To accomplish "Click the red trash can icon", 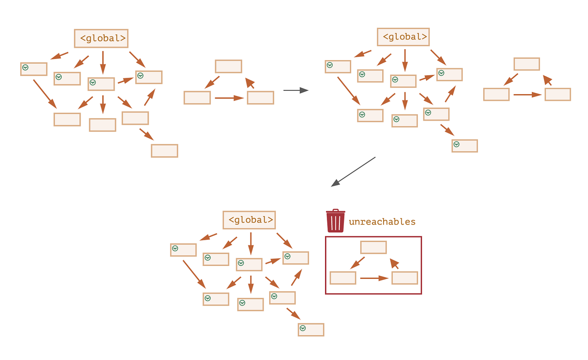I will (x=336, y=221).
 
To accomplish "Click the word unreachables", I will (x=382, y=222).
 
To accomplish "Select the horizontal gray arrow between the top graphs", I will (x=296, y=90).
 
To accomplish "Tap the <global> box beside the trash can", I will (x=249, y=220).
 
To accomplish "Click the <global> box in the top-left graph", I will (x=101, y=38).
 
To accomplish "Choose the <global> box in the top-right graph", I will (x=403, y=37).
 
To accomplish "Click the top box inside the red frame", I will (x=373, y=247).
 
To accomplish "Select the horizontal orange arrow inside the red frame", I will (x=374, y=278).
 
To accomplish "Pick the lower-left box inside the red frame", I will (x=343, y=278).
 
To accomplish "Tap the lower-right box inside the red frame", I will (x=404, y=278).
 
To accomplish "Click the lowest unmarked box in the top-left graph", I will (x=164, y=151).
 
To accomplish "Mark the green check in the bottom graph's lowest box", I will (x=302, y=328).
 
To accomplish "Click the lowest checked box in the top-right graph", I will (x=465, y=146).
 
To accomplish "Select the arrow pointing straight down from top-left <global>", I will (x=103, y=63).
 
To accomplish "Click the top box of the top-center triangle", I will (x=228, y=66).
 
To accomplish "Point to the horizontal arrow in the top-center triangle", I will (x=229, y=98).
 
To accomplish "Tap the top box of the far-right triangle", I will (x=527, y=64).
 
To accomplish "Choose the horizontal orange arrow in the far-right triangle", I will (x=527, y=95).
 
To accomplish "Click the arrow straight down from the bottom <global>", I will (x=251, y=244).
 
